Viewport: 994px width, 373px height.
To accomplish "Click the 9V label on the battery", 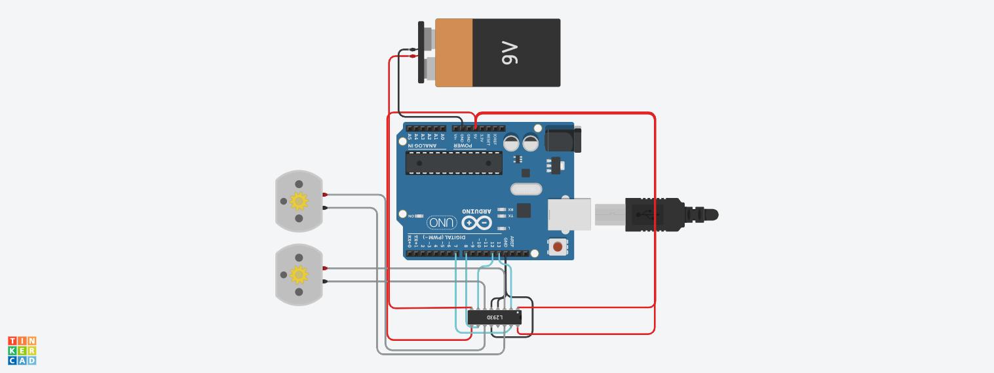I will click(510, 52).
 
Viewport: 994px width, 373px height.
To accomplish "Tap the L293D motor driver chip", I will click(494, 317).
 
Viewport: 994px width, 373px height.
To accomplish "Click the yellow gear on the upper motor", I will click(299, 201).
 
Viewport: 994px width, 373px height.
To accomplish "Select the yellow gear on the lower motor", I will click(299, 274).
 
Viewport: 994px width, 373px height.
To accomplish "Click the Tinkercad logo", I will click(22, 351).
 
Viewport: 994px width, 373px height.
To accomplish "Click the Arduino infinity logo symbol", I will click(476, 223).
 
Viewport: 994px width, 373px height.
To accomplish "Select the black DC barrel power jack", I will click(562, 139).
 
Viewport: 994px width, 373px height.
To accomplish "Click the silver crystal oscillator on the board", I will click(526, 189).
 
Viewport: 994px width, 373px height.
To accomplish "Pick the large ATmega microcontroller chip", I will click(453, 163).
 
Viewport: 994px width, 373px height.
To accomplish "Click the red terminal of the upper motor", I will click(325, 195).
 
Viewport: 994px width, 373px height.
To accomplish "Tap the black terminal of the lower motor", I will click(325, 281).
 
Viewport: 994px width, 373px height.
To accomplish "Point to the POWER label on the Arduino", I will click(474, 146).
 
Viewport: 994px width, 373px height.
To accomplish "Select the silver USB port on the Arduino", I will click(569, 214).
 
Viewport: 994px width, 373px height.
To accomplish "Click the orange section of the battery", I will click(453, 52).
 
